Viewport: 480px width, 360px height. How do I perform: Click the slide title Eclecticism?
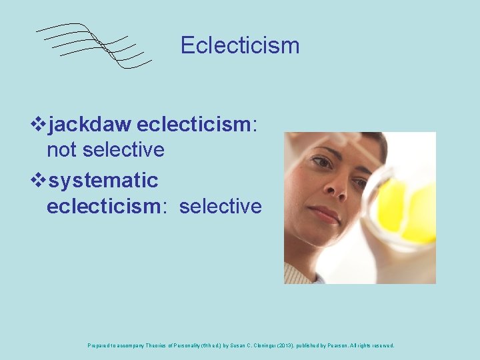point(240,45)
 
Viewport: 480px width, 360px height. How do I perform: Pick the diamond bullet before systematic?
point(39,181)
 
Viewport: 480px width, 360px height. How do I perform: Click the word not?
point(61,150)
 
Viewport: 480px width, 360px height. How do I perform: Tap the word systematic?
point(103,181)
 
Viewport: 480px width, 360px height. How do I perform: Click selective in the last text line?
point(221,206)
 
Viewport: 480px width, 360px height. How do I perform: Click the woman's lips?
point(325,215)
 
